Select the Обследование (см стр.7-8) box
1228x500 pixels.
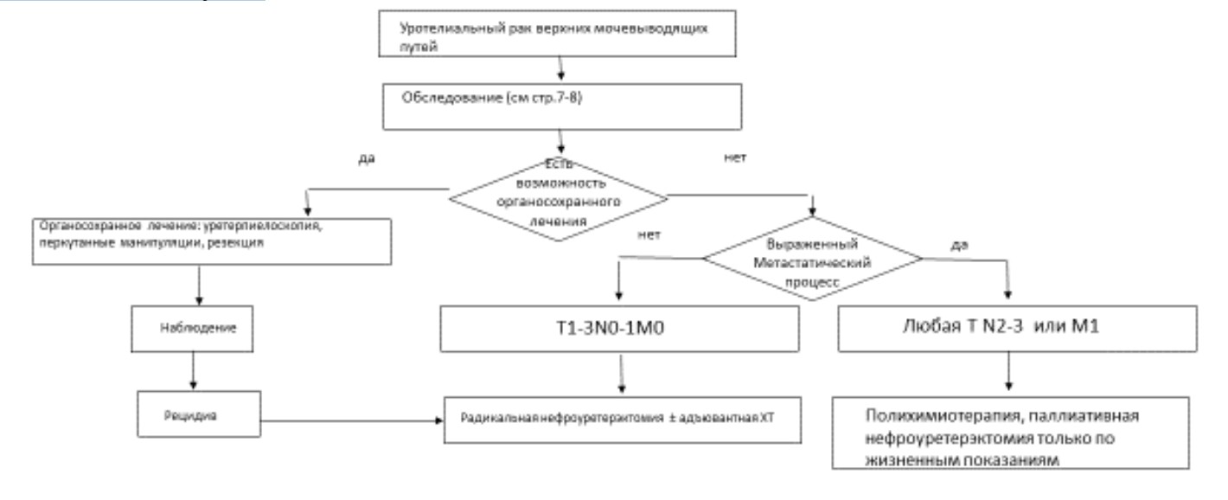(563, 106)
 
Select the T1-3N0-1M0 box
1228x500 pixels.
(618, 329)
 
